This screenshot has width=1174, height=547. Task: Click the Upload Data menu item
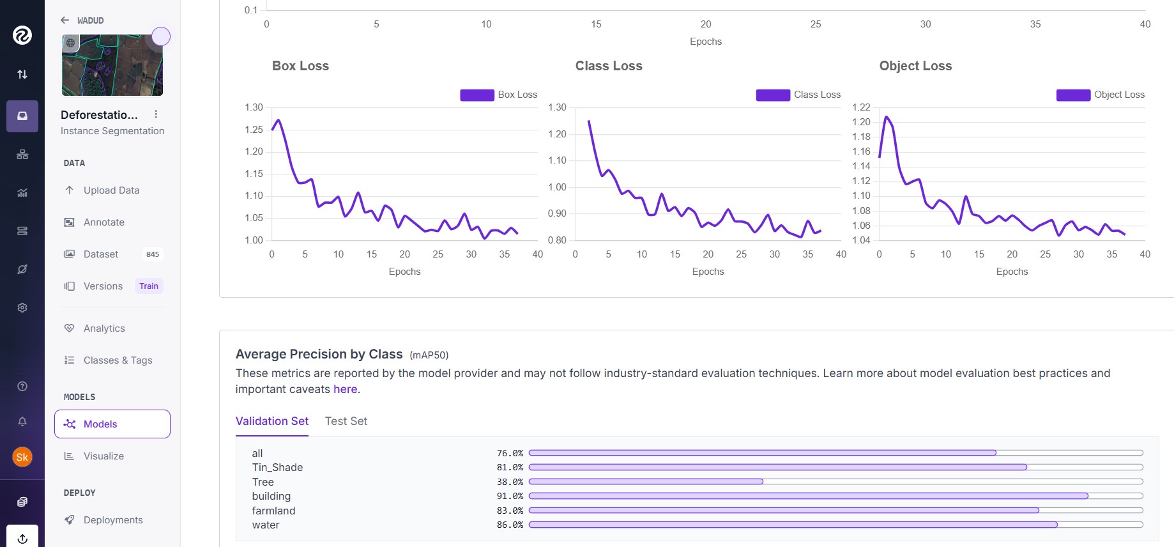coord(111,190)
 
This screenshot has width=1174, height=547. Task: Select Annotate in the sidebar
coord(103,222)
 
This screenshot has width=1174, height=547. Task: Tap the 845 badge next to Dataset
coord(153,254)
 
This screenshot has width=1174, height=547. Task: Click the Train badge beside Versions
coord(149,286)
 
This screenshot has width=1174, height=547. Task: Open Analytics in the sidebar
coord(104,328)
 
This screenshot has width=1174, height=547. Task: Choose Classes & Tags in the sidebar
coord(118,360)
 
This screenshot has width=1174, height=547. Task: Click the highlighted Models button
coord(112,424)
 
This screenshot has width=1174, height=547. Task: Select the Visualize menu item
coord(103,456)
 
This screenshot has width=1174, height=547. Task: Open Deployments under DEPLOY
coord(113,520)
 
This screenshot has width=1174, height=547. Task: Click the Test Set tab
coord(346,421)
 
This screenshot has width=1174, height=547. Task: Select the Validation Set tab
coord(272,421)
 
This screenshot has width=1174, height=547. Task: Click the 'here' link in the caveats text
coord(345,389)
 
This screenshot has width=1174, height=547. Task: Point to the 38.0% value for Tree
coord(510,482)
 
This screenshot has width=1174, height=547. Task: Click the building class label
coord(271,496)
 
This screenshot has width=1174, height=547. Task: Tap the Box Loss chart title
coord(300,66)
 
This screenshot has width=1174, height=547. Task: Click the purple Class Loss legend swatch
coord(773,95)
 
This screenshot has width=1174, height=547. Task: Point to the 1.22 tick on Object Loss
coord(861,107)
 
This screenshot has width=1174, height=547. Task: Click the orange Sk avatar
coord(22,457)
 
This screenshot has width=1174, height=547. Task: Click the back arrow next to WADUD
coord(65,20)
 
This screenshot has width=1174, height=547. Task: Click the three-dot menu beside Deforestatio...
coord(156,114)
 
